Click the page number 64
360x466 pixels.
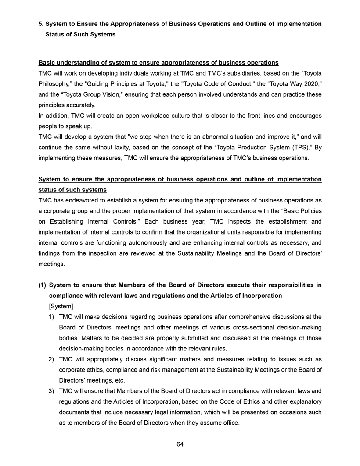click(x=180, y=444)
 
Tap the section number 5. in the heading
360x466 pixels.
click(x=41, y=24)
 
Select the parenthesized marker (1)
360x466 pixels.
click(x=43, y=285)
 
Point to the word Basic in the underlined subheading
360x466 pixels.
click(x=47, y=62)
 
